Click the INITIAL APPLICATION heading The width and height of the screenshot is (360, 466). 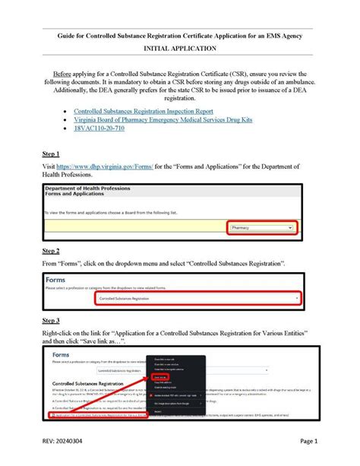[179, 48]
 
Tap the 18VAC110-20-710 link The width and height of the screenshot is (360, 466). [99, 128]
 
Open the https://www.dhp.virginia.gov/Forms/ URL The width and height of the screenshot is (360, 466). [112, 166]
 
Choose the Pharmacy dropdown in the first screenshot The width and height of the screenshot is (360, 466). [261, 227]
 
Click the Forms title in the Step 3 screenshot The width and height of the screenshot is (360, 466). [62, 355]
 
